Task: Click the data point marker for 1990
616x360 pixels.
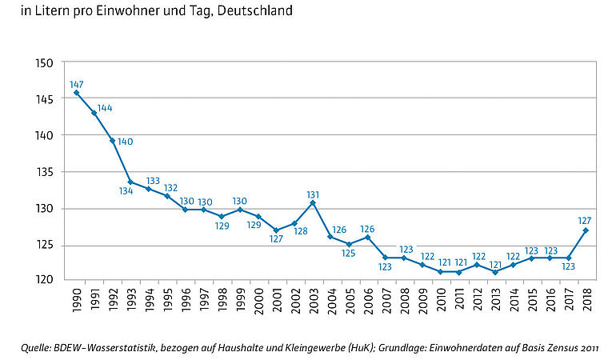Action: (x=77, y=92)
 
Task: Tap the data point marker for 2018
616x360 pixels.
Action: (x=586, y=230)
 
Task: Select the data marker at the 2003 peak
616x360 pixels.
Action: (x=313, y=202)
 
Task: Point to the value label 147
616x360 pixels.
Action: (x=77, y=83)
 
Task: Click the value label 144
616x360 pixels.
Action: (x=104, y=108)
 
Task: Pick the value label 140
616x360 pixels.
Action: (x=125, y=142)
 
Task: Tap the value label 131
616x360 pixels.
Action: (x=314, y=194)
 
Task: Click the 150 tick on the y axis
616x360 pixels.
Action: (x=45, y=63)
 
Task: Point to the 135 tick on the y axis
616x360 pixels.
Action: (x=45, y=172)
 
